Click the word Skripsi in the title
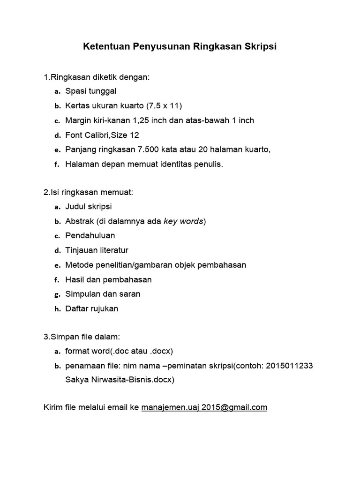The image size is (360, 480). [260, 47]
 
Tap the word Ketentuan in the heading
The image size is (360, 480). [106, 47]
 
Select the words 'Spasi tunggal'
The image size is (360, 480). [91, 91]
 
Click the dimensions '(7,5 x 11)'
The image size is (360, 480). [164, 105]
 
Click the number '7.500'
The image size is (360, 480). [147, 150]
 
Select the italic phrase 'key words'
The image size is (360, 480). [183, 221]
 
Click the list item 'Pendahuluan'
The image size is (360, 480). [90, 235]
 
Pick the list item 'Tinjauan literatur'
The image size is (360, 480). [97, 250]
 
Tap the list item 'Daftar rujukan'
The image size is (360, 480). [92, 308]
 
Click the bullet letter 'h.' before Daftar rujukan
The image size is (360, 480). [57, 309]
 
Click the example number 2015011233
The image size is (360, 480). [289, 365]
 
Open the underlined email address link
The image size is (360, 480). [204, 407]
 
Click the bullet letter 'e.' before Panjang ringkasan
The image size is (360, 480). [57, 150]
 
